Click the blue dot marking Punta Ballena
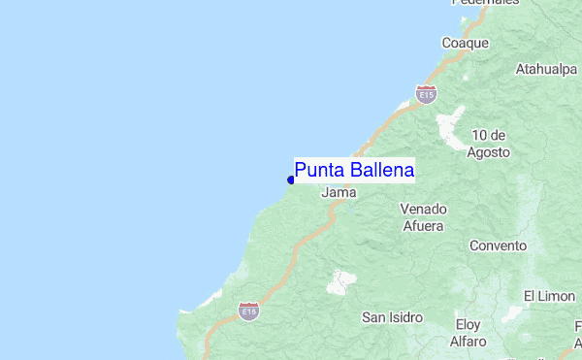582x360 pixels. (291, 180)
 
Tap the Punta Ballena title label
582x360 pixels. (355, 171)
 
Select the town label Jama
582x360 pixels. (339, 193)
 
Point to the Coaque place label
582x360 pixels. (465, 44)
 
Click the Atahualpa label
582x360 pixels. (546, 70)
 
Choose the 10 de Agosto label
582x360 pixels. (488, 144)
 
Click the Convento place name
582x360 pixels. (498, 246)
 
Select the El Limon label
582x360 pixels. (550, 296)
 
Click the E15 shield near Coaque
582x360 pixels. (425, 94)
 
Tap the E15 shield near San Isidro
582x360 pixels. (249, 311)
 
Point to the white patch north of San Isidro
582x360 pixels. (340, 282)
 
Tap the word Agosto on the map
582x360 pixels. (488, 152)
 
